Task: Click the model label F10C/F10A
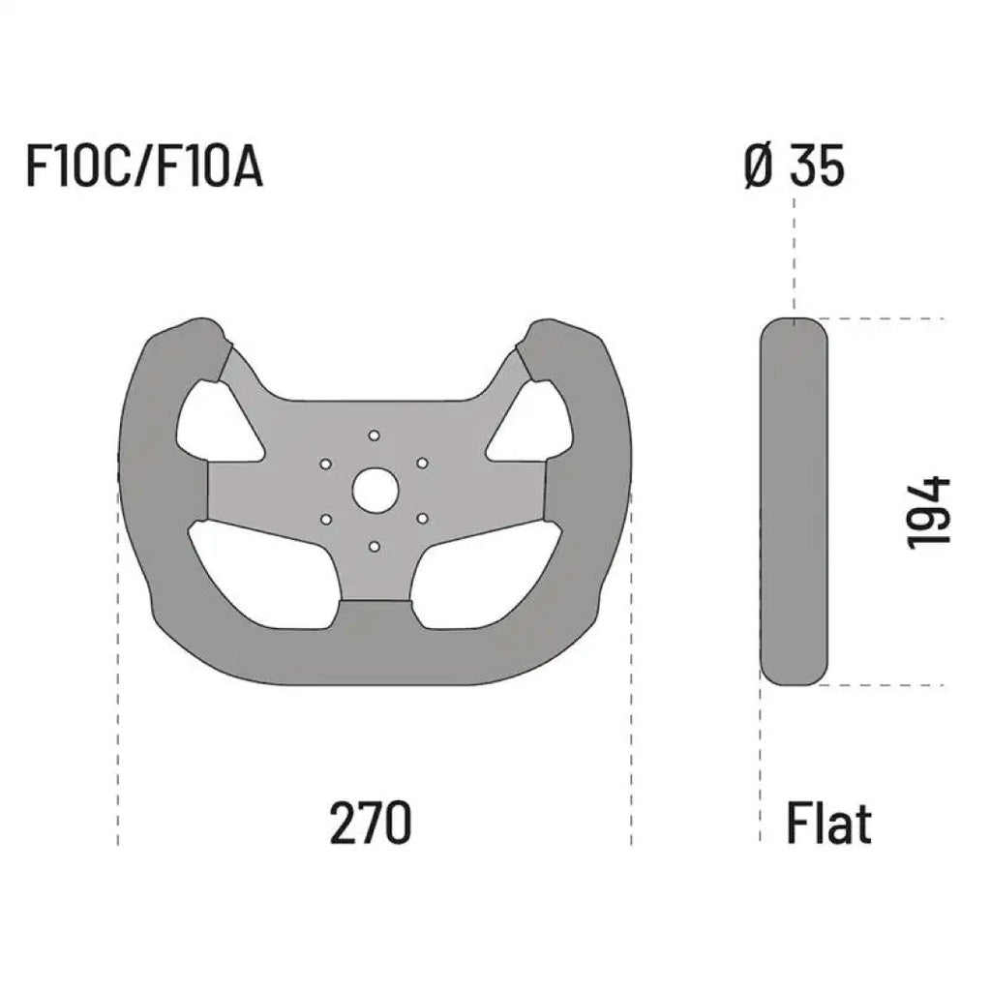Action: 143,166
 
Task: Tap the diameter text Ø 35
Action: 794,166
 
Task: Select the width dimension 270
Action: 372,823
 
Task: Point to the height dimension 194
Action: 929,513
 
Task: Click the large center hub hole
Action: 375,491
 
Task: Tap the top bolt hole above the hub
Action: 375,435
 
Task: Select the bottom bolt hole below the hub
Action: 375,547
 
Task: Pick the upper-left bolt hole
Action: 326,464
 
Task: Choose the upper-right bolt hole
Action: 422,464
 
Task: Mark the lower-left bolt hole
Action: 326,519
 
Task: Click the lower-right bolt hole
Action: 422,519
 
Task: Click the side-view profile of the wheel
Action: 794,501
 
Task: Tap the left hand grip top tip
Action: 189,334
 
